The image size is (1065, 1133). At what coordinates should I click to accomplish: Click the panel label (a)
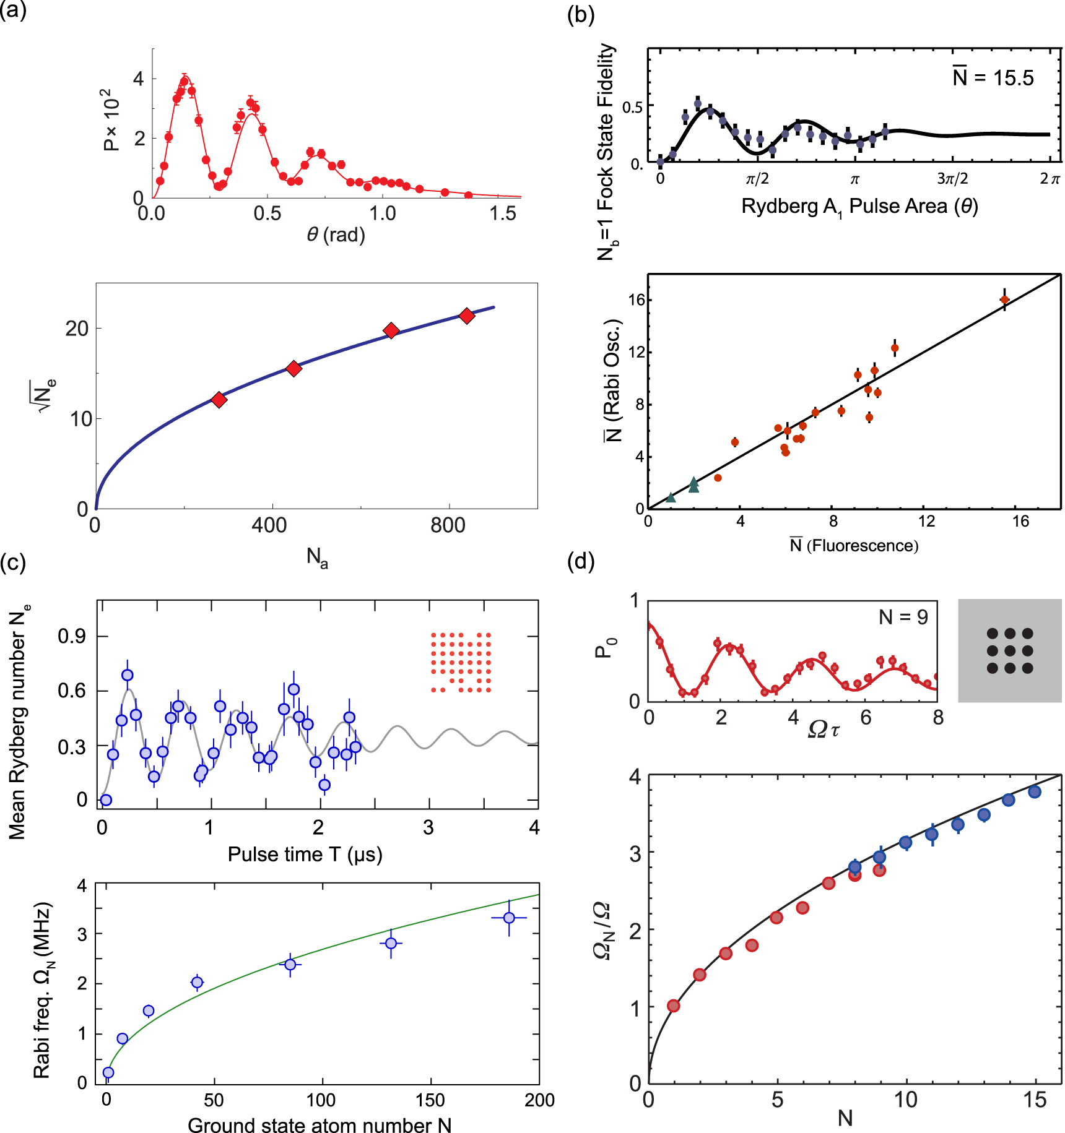[13, 11]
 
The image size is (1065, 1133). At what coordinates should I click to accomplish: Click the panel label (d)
[581, 561]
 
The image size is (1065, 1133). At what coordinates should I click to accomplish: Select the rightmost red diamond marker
[467, 316]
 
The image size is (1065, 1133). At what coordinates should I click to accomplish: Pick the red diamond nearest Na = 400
[293, 369]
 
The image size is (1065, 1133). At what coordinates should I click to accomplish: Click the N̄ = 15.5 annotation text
[993, 78]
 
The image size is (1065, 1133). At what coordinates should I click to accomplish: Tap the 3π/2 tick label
[952, 179]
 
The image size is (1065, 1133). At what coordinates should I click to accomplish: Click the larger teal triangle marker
[693, 485]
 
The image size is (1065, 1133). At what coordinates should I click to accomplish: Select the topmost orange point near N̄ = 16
[1004, 300]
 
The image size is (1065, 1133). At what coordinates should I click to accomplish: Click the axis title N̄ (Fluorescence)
[854, 545]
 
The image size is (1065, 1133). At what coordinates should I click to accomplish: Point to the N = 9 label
[903, 617]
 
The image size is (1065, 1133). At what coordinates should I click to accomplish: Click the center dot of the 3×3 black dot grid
[1010, 651]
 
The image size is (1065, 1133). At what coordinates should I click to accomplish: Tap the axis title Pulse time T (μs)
[305, 855]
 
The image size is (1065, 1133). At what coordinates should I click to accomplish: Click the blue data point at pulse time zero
[106, 800]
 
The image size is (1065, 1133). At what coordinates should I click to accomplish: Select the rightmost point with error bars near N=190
[509, 918]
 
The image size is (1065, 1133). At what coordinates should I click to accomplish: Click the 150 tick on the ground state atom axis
[430, 1100]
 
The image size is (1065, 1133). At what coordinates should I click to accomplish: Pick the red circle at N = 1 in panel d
[674, 1006]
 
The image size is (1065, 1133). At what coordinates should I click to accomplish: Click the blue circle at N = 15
[1035, 792]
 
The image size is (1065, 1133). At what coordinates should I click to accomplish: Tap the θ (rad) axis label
[336, 235]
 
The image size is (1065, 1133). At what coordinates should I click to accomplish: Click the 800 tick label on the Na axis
[447, 526]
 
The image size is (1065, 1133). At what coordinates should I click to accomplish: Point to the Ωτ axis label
[824, 730]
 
